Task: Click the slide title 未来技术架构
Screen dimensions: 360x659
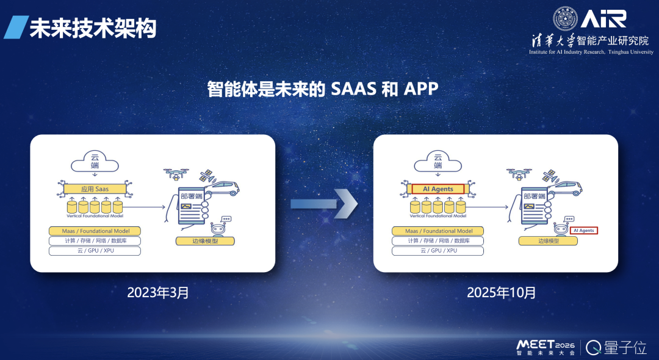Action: coord(93,28)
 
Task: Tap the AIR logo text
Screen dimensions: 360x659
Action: coord(603,19)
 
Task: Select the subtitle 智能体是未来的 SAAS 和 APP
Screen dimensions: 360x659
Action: coord(323,89)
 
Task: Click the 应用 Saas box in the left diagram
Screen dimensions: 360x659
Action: coord(94,189)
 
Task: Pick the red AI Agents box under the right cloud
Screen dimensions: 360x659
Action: coord(438,189)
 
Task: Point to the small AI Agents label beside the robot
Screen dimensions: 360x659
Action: coord(583,231)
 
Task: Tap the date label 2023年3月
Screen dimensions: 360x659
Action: coord(158,292)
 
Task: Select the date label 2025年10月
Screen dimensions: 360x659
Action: coord(502,292)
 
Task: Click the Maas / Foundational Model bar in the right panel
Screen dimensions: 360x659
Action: coord(438,231)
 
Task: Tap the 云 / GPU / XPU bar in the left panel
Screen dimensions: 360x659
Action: coord(94,251)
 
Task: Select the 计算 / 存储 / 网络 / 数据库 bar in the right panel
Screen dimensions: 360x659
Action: coord(438,241)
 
